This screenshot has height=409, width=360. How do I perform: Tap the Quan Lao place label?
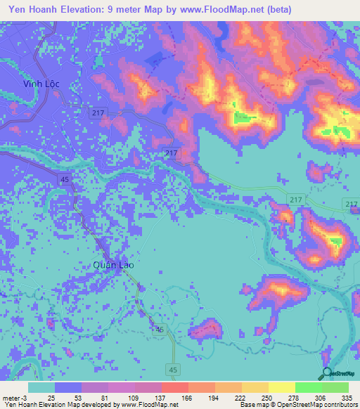tap(113, 265)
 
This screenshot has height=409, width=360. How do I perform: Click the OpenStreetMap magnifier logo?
tap(326, 374)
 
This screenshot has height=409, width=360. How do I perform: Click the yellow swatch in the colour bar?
tap(281, 387)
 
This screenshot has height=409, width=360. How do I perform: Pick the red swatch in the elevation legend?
tap(174, 387)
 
